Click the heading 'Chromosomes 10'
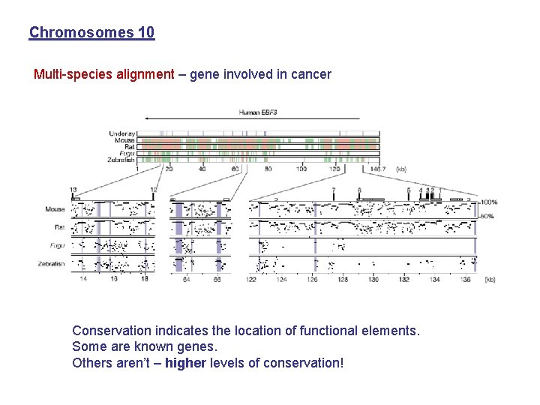point(91,33)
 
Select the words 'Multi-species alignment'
point(103,75)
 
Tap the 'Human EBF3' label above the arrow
point(258,112)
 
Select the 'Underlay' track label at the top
point(121,134)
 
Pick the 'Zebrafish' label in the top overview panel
point(120,160)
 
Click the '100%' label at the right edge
point(489,202)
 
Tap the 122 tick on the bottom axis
point(250,279)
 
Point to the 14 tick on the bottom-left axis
point(84,279)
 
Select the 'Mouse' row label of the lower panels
point(55,209)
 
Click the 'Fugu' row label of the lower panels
point(57,245)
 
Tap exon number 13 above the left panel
point(73,190)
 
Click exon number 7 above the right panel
point(333,190)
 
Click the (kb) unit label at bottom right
point(489,279)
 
